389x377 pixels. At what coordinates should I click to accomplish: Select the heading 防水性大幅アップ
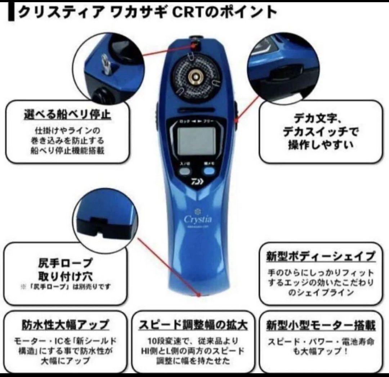click(x=65, y=325)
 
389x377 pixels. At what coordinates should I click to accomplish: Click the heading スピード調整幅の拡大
click(x=193, y=325)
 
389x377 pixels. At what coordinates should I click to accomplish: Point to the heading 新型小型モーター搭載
click(x=321, y=326)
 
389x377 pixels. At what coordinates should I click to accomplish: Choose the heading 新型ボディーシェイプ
click(x=321, y=257)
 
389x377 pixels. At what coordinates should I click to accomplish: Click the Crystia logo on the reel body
click(x=198, y=219)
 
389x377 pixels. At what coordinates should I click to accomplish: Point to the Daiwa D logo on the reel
click(x=198, y=181)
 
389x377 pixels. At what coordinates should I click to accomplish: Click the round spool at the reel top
click(x=196, y=76)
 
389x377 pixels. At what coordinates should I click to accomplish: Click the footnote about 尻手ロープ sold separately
click(x=66, y=287)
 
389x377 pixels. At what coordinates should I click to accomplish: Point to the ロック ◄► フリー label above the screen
click(x=198, y=122)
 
